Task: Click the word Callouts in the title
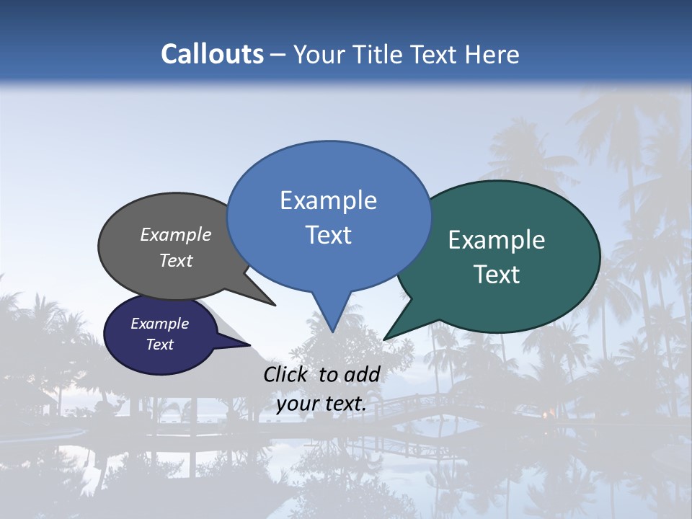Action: click(x=212, y=54)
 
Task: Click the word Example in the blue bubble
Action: click(x=328, y=200)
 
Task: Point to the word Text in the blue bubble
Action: click(x=328, y=235)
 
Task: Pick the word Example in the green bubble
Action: click(x=497, y=240)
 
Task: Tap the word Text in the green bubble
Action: click(x=497, y=275)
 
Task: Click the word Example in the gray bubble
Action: click(x=176, y=234)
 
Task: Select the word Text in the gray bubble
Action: click(x=176, y=260)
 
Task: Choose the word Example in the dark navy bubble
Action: click(x=159, y=324)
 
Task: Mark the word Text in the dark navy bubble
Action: click(x=159, y=345)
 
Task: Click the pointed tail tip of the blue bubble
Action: click(x=332, y=331)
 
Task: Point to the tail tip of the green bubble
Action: click(x=384, y=339)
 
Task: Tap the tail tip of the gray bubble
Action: click(x=275, y=305)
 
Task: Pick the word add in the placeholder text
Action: click(x=362, y=374)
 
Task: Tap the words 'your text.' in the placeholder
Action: click(x=321, y=404)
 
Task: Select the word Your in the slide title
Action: click(x=317, y=54)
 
